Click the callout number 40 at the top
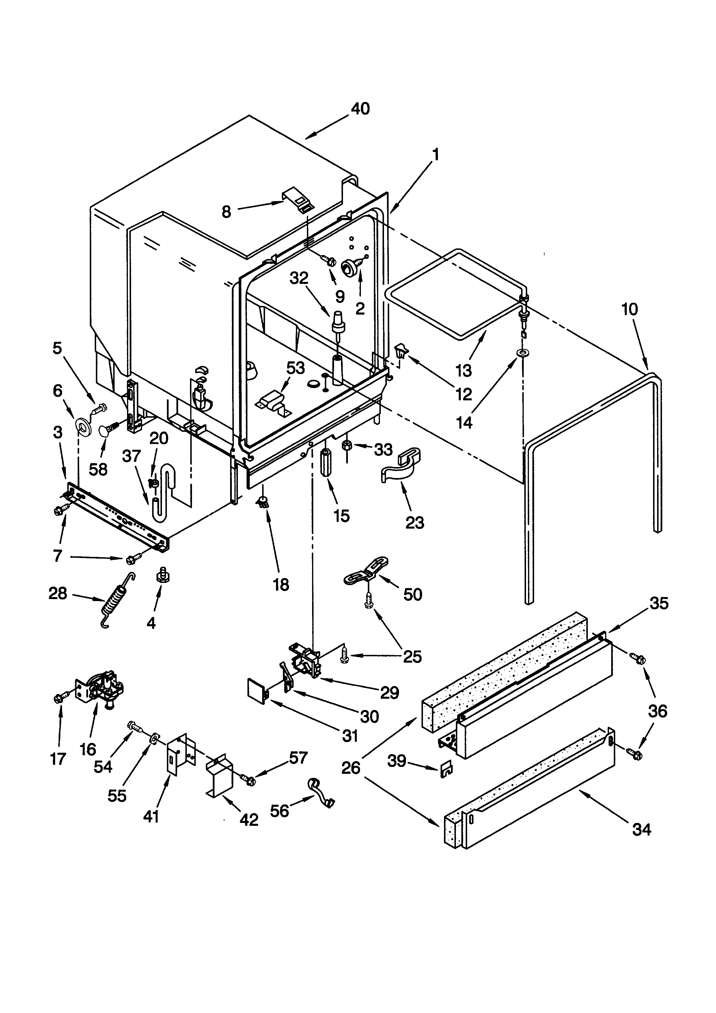click(360, 109)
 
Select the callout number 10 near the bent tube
click(630, 309)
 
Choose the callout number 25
click(413, 657)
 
